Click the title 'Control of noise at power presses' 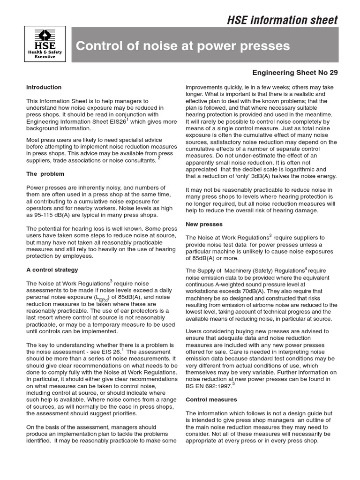(x=183, y=46)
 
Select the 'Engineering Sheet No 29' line (x=295, y=73)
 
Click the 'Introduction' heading (x=44, y=87)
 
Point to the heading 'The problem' (x=45, y=174)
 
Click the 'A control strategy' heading (x=52, y=270)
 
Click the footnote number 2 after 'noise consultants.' (x=159, y=158)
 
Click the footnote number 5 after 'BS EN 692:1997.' (x=233, y=384)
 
